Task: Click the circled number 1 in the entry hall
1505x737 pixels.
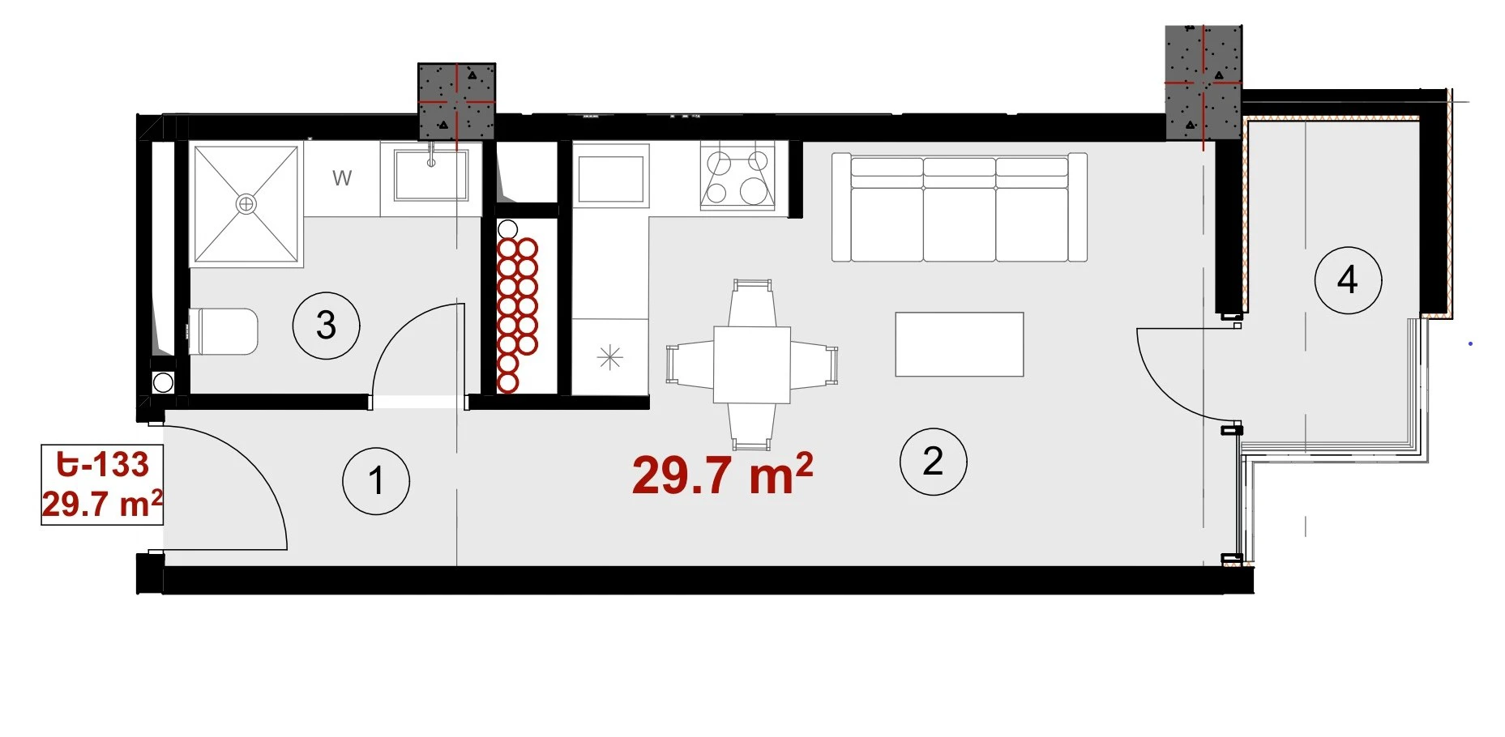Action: point(376,481)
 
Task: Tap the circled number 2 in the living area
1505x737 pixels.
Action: point(934,462)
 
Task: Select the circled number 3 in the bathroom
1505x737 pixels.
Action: point(326,326)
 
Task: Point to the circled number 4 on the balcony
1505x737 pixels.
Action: point(1348,280)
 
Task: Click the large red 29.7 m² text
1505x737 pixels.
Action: point(722,475)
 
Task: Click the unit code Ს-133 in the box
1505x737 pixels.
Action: point(103,465)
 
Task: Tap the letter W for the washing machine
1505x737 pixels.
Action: point(342,178)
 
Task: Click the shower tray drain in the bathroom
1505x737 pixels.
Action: point(246,204)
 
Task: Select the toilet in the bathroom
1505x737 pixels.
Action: point(223,331)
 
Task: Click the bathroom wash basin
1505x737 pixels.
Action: point(431,174)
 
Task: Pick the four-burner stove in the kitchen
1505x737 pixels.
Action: point(738,176)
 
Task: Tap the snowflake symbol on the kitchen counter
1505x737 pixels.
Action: point(609,357)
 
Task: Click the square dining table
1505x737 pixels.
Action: point(752,364)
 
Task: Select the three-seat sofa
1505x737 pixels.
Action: point(960,207)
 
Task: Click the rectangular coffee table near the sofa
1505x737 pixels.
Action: point(960,344)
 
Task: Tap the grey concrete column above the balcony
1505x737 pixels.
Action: point(1204,82)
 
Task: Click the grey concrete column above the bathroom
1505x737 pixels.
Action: point(456,101)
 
